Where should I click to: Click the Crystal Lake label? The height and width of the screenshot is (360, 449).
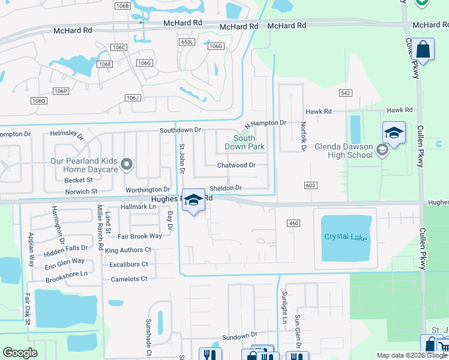[x=345, y=236]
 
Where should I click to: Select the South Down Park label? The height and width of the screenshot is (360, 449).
[x=244, y=142]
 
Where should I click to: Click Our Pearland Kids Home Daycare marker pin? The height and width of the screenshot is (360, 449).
[x=126, y=164]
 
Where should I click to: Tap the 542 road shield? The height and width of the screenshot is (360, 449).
[x=345, y=93]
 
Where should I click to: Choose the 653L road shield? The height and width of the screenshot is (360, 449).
[x=187, y=42]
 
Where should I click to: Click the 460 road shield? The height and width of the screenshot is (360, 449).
[x=294, y=223]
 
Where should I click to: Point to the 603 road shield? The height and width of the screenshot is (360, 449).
[x=310, y=185]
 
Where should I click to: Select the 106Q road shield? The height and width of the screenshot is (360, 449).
[x=37, y=100]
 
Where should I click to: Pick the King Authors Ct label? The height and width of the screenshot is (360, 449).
[x=128, y=250]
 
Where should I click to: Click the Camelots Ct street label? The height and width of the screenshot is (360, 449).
[x=128, y=279]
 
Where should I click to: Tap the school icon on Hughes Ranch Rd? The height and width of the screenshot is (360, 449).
[x=193, y=200]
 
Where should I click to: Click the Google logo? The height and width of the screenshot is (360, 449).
[x=20, y=353]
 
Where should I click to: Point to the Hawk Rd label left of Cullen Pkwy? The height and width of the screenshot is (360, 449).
[x=318, y=112]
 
